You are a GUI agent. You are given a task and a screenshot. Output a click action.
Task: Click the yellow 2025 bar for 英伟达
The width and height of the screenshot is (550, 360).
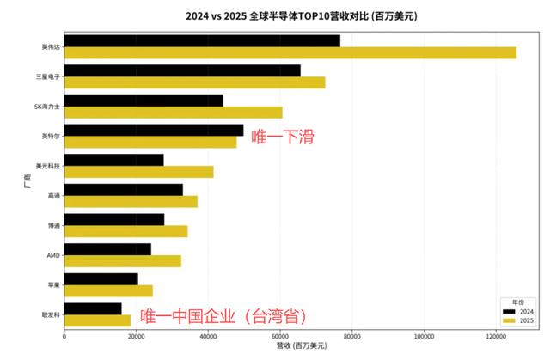tap(290, 52)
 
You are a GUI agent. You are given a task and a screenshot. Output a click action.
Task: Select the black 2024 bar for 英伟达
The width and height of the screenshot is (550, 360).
tap(202, 40)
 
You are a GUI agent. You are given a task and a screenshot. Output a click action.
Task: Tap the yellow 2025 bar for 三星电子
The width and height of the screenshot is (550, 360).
tap(194, 82)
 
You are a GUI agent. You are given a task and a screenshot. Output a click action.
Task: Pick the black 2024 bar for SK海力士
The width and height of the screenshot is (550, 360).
tap(144, 101)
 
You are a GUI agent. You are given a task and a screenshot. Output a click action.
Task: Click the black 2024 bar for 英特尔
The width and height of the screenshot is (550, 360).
tap(154, 130)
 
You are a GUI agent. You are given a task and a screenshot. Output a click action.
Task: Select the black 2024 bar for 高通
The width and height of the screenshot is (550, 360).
tap(124, 190)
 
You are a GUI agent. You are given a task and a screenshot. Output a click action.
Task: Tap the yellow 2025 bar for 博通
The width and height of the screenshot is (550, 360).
tap(125, 231)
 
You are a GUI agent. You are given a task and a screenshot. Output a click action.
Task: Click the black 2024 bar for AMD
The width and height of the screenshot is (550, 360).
tap(107, 249)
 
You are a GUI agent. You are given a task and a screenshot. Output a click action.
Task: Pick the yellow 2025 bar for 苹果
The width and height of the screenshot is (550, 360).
tap(108, 290)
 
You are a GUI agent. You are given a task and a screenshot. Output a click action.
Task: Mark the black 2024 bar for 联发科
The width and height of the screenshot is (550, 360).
tap(93, 308)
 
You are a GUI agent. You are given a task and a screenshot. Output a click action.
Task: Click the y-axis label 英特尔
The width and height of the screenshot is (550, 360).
tap(51, 136)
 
